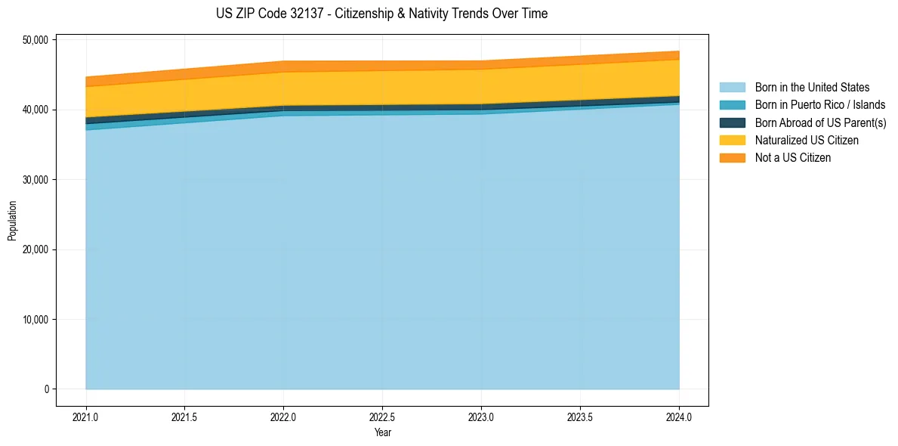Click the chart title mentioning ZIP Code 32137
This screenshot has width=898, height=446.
pyautogui.click(x=381, y=14)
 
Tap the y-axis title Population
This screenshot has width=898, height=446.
pyautogui.click(x=12, y=221)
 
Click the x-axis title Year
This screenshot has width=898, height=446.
pyautogui.click(x=382, y=433)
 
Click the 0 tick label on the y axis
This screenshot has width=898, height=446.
pyautogui.click(x=45, y=389)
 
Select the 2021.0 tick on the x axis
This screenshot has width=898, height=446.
pyautogui.click(x=86, y=417)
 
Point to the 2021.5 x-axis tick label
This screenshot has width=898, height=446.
pyautogui.click(x=185, y=417)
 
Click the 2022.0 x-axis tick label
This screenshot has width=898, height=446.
pyautogui.click(x=284, y=417)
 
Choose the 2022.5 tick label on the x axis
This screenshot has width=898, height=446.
pyautogui.click(x=383, y=417)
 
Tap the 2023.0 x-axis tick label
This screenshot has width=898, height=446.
pyautogui.click(x=482, y=417)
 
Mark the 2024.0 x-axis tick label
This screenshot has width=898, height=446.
pyautogui.click(x=680, y=417)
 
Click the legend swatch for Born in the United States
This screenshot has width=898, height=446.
pyautogui.click(x=732, y=88)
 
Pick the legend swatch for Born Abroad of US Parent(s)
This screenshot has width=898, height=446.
pyautogui.click(x=732, y=122)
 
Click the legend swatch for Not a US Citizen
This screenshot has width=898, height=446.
pyautogui.click(x=732, y=158)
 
